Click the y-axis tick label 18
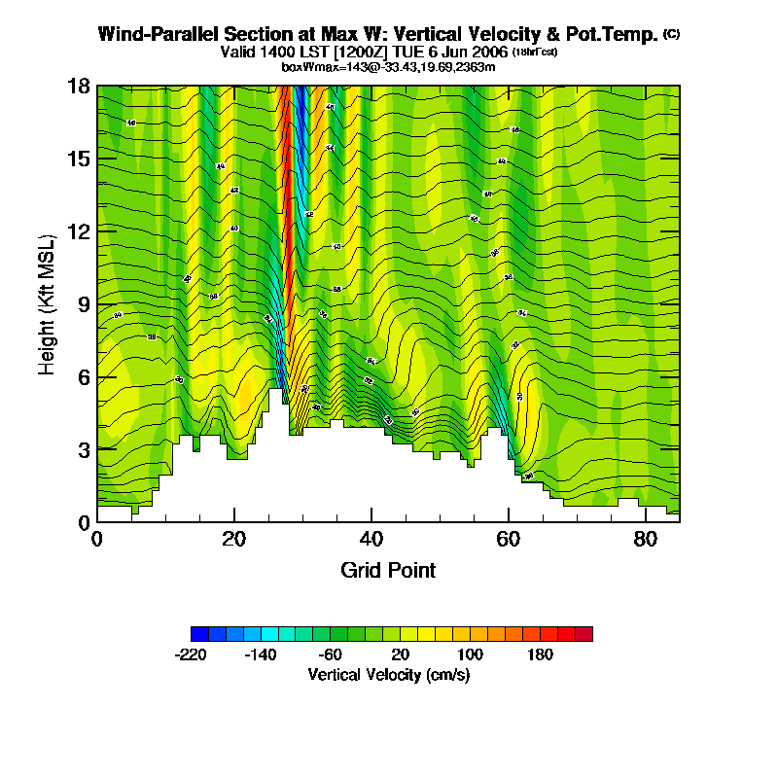pyautogui.click(x=80, y=86)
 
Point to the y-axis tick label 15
pyautogui.click(x=80, y=159)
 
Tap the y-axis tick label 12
pyautogui.click(x=80, y=231)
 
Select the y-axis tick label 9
pyautogui.click(x=85, y=304)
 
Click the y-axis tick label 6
pyautogui.click(x=85, y=377)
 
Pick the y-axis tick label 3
pyautogui.click(x=85, y=450)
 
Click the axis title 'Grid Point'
pyautogui.click(x=388, y=570)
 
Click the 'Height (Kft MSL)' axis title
pyautogui.click(x=48, y=303)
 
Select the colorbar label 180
pyautogui.click(x=540, y=654)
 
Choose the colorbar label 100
pyautogui.click(x=470, y=654)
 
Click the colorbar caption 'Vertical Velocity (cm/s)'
pyautogui.click(x=389, y=674)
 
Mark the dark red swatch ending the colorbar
pyautogui.click(x=583, y=634)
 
